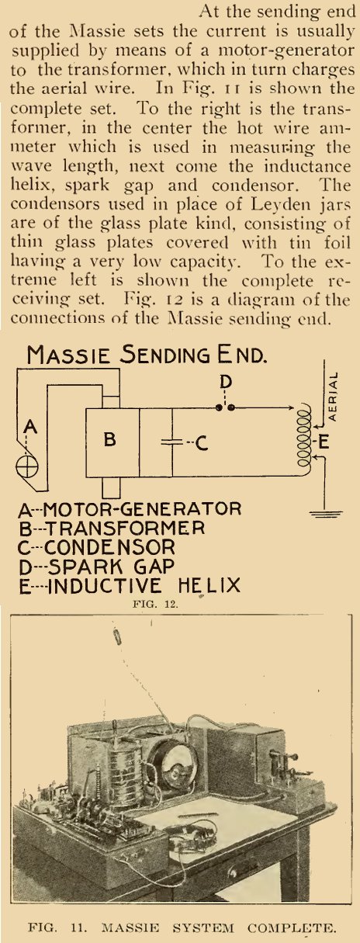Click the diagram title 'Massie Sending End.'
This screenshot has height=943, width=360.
point(147,355)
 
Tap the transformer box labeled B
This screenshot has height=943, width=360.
point(112,442)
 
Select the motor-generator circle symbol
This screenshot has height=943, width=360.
point(26,466)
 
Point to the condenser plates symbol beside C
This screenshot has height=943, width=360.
point(172,442)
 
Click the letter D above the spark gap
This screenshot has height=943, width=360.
point(226,382)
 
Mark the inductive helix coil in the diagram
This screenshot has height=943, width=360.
point(304,439)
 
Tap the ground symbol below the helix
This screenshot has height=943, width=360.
point(326,514)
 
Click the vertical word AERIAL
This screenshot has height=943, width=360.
point(334,396)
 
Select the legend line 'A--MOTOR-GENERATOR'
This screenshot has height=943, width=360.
point(130,509)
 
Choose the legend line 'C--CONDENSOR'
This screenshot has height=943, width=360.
point(96,547)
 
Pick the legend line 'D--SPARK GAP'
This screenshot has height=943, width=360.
point(96,567)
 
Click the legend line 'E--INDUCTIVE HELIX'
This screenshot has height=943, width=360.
point(130,586)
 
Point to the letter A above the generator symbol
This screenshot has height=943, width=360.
point(30,427)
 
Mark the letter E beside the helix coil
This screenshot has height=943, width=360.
point(324,442)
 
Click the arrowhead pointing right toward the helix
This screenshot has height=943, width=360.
point(290,407)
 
